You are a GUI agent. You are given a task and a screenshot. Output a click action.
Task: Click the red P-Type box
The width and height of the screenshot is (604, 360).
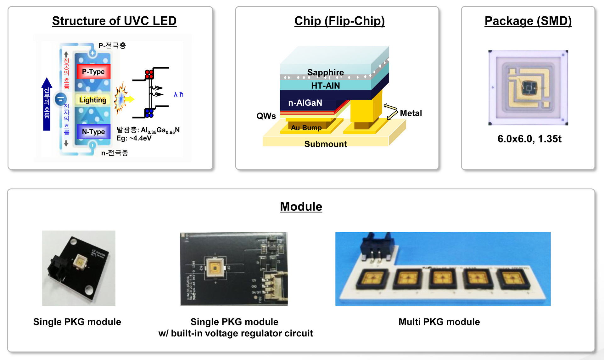93,71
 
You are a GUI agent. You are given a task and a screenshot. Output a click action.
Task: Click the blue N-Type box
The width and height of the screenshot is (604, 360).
93,131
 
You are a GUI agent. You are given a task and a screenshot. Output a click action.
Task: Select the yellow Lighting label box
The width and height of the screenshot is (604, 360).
92,100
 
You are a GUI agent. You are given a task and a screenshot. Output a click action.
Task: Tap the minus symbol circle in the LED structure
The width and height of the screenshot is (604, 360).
60,99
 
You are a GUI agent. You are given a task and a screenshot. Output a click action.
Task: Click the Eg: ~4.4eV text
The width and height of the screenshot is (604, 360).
134,138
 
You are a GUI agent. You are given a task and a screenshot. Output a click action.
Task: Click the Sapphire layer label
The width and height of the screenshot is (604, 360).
325,72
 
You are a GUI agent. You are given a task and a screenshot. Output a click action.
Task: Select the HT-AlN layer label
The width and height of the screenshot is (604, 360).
325,86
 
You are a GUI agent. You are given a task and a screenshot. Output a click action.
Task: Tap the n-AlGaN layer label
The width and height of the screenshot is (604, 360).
305,103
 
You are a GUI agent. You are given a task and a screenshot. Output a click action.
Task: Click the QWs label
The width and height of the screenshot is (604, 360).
266,116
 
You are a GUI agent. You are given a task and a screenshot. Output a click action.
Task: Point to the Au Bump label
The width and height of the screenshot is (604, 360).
306,128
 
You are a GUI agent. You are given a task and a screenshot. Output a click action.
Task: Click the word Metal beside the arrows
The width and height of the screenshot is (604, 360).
411,113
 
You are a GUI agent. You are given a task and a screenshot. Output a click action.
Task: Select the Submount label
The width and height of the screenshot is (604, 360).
326,144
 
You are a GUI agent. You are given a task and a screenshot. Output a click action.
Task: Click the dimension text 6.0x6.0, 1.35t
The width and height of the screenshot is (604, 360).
529,139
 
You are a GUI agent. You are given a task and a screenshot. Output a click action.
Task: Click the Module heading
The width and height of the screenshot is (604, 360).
301,207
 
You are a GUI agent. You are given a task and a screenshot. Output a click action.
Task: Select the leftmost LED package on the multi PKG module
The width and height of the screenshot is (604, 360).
372,279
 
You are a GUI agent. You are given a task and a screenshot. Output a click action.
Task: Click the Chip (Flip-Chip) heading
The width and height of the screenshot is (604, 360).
339,21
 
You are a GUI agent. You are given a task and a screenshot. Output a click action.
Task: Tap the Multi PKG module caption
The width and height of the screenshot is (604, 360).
439,322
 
